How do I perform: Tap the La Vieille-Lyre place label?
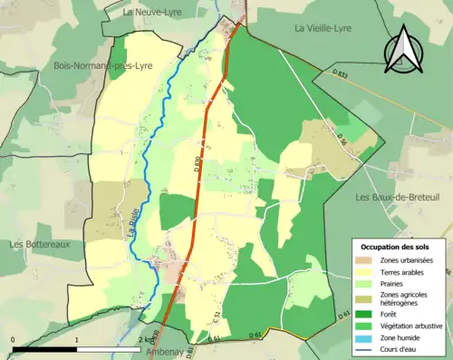[328, 28]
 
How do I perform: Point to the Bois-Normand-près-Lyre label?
[101, 66]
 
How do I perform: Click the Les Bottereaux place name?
[41, 244]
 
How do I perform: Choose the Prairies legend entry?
[394, 282]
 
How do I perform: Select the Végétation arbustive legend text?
[413, 320]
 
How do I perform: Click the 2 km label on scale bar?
[146, 339]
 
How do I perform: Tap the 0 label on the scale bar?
[13, 339]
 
